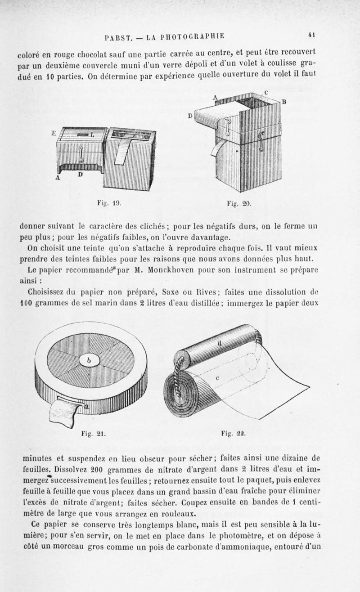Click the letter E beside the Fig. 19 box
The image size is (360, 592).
[53, 133]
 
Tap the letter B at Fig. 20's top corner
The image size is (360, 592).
[284, 102]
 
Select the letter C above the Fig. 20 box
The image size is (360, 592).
[266, 92]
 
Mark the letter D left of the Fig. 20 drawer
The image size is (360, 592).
[190, 116]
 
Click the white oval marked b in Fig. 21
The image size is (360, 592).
[90, 360]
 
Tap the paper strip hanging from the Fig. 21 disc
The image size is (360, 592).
[63, 414]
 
